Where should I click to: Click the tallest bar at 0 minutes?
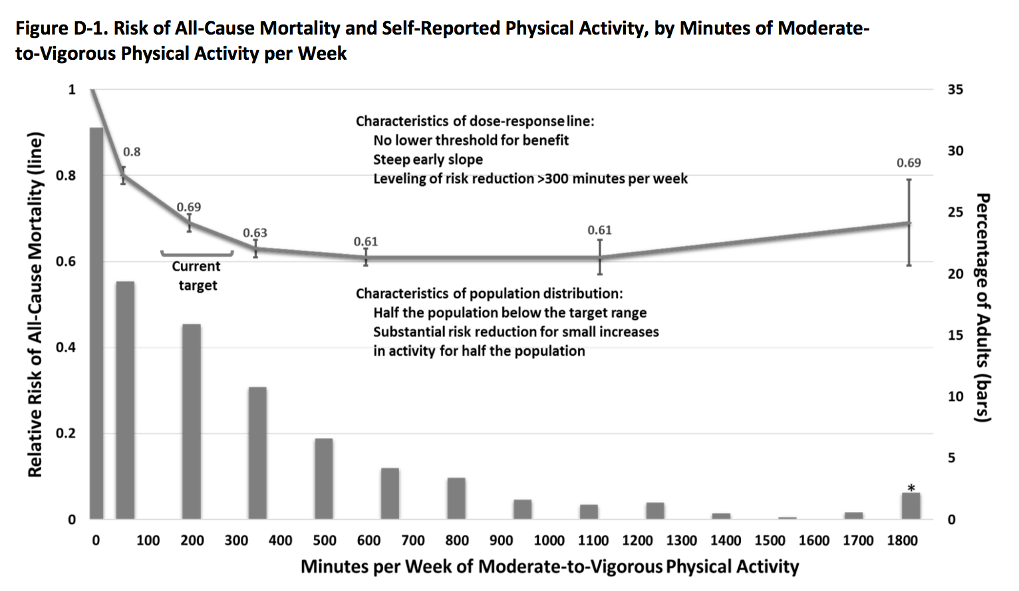click(96, 323)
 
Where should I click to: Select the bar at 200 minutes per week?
click(192, 421)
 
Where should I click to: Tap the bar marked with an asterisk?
click(911, 506)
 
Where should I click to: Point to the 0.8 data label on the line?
click(132, 152)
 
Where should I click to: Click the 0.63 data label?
click(255, 233)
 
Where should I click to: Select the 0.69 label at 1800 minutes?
click(909, 163)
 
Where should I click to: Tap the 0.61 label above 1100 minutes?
click(599, 230)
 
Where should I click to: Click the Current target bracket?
click(197, 253)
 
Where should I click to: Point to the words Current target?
click(197, 276)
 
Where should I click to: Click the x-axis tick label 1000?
click(549, 540)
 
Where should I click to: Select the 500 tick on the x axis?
click(325, 540)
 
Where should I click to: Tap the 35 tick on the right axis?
click(955, 90)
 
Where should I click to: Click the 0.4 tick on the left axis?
click(65, 348)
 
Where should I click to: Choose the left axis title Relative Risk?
click(35, 304)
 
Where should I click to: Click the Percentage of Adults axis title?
click(982, 307)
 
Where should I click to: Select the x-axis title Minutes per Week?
click(549, 566)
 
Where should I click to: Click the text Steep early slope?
click(428, 160)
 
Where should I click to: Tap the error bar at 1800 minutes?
click(909, 223)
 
